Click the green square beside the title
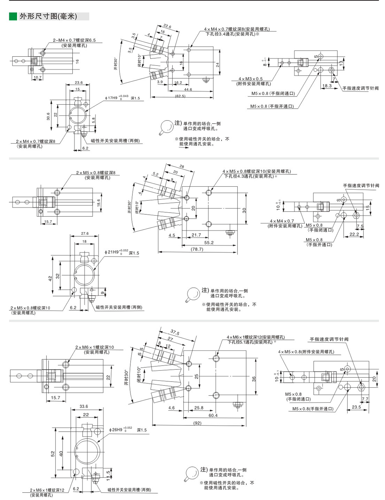click(13, 16)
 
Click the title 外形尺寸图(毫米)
click(48, 16)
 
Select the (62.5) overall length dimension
click(180, 96)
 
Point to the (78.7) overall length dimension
click(197, 249)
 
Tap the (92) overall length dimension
click(197, 423)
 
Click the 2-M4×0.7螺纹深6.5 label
click(74, 40)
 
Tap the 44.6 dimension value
click(188, 89)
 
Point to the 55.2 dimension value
click(209, 242)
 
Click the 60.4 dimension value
click(213, 415)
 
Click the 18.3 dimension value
click(327, 86)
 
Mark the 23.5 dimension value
click(356, 407)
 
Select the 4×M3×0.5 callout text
click(251, 79)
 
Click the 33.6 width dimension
click(84, 406)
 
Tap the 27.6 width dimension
click(85, 234)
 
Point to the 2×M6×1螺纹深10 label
click(94, 347)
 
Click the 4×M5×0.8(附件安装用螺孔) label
click(306, 352)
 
